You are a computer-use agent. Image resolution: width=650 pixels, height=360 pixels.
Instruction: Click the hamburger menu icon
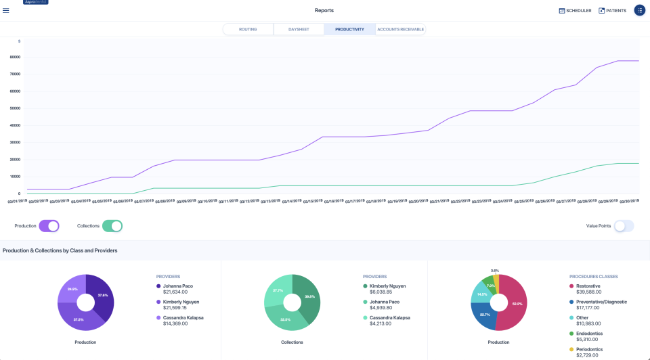point(6,11)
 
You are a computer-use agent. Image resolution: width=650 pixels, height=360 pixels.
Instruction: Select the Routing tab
point(248,29)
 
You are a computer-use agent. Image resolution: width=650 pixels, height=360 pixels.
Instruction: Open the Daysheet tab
point(299,29)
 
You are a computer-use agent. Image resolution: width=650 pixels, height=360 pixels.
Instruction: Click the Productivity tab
point(349,29)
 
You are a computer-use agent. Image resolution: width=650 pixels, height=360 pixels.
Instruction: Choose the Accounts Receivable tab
point(400,29)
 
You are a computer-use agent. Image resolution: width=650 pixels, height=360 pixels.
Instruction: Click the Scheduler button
point(575,11)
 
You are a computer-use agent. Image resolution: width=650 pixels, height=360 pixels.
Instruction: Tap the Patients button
point(612,11)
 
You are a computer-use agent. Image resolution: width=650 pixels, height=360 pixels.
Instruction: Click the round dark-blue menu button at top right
point(639,11)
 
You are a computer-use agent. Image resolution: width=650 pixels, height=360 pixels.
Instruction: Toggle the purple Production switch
point(49,226)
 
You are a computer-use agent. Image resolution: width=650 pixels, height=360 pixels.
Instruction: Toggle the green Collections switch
point(112,226)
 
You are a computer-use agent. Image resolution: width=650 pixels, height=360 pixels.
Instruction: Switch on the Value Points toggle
point(624,226)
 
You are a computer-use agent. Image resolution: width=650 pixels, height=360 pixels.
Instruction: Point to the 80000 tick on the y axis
point(14,57)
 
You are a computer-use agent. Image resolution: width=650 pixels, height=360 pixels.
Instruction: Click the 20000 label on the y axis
point(14,160)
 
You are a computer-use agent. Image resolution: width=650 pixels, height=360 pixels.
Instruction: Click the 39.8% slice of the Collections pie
point(308,296)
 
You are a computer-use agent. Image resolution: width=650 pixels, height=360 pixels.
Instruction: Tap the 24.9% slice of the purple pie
point(72,289)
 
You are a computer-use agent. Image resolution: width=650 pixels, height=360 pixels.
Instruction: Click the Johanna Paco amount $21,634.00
point(175,292)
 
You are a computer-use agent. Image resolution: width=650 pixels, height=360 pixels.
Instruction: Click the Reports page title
point(324,11)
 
